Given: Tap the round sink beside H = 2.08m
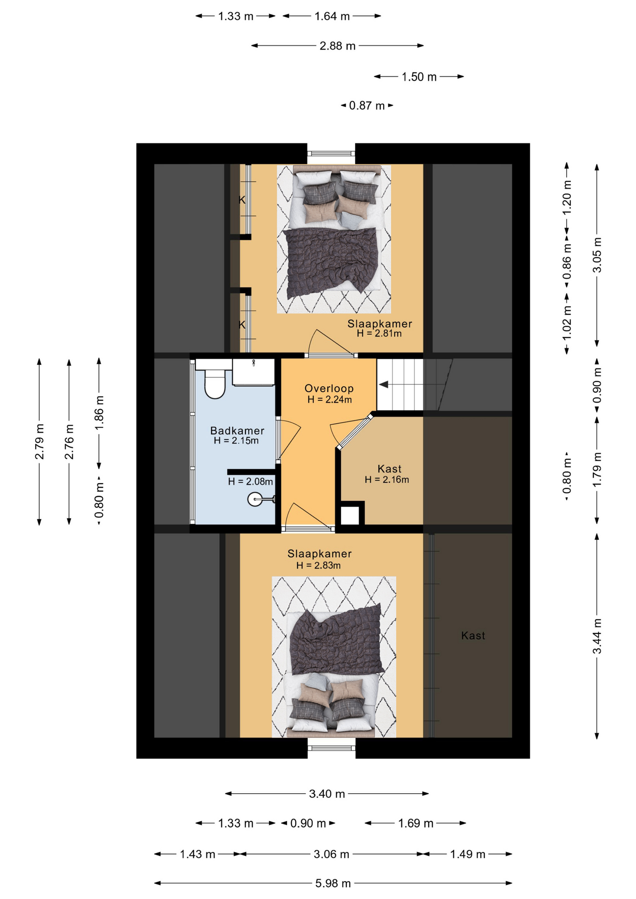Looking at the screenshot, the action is tap(255, 499).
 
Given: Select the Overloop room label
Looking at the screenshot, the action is tap(329, 388).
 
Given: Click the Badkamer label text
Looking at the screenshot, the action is tap(237, 430).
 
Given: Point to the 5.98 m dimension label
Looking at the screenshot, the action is tap(333, 883).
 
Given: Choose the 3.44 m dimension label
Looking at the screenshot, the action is tap(597, 636).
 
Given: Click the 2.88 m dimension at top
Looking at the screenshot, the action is tap(337, 46).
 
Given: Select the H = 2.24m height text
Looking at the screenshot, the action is tap(329, 399).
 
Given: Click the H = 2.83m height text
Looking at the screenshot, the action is tap(318, 565).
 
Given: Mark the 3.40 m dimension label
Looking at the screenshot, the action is tap(327, 794).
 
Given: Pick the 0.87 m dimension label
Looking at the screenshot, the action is tap(367, 105).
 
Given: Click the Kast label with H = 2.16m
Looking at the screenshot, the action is tap(389, 469).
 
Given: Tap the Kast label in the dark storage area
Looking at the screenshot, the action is tap(473, 635).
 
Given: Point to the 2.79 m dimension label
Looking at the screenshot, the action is tap(40, 442).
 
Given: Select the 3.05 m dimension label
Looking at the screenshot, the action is tap(597, 255).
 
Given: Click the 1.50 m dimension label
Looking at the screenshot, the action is tap(419, 77).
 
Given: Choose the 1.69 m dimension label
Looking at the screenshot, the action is tap(415, 823).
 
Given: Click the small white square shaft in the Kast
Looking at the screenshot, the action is tap(350, 515).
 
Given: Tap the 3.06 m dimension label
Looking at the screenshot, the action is tap(331, 854).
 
